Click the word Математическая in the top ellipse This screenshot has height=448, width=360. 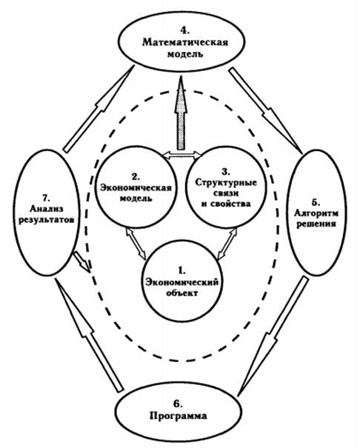185,42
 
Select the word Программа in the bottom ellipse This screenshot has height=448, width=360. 179,416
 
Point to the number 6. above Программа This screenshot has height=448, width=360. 178,404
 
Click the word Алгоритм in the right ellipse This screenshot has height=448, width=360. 316,213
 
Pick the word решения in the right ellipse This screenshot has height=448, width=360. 316,224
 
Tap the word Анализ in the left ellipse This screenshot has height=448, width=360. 47,209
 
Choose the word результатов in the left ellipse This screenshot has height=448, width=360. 46,221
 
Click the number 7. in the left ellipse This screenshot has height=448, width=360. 46,198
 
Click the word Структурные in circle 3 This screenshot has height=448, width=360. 226,183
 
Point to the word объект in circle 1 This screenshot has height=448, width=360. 182,293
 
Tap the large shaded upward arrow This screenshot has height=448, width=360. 180,113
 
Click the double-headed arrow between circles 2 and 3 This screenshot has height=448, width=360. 182,156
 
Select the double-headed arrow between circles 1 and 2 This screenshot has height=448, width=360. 136,243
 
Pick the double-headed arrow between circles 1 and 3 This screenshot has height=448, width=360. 227,243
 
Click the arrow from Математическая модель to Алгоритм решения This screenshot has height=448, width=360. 266,110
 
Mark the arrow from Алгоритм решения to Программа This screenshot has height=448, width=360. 273,337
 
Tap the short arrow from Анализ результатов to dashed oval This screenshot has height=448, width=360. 82,262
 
